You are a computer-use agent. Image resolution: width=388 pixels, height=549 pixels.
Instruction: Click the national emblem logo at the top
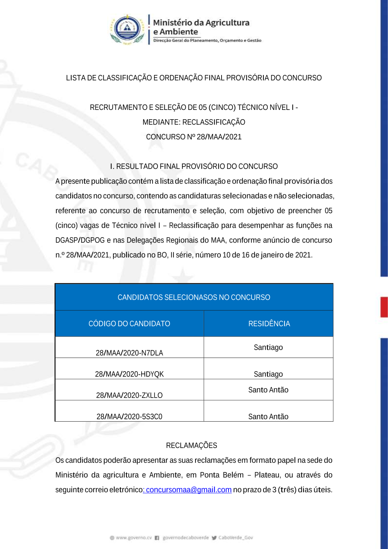coord(127,30)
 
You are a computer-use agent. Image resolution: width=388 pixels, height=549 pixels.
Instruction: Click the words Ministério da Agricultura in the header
coord(201,23)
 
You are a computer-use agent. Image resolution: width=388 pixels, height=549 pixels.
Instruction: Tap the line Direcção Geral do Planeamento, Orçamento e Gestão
coord(207,40)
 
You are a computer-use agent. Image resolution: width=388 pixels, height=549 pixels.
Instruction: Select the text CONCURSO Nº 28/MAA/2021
coord(194,137)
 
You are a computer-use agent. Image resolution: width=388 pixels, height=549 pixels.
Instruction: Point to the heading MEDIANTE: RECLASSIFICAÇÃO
coord(194,122)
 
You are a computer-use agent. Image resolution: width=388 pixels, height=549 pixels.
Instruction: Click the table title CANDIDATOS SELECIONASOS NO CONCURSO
coord(194,297)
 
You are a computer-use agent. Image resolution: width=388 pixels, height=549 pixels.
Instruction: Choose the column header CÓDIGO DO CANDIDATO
coord(129,323)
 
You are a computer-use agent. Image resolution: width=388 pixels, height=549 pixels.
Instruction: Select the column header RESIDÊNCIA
coord(269,323)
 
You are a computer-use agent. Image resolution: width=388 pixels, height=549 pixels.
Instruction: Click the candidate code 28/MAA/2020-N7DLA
coord(129,353)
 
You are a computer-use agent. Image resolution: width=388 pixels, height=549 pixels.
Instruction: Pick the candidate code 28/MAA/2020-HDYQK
coord(129,374)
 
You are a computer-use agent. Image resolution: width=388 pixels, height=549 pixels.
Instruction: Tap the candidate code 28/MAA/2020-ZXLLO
coord(129,395)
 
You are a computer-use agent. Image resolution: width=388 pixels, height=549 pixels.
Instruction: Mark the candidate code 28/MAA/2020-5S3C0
coord(129,417)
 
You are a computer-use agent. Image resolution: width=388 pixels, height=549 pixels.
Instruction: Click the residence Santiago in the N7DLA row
coord(268,347)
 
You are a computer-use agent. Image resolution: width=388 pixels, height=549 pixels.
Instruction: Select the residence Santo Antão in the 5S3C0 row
coord(268,417)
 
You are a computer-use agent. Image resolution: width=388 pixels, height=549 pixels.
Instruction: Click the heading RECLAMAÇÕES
coord(191,445)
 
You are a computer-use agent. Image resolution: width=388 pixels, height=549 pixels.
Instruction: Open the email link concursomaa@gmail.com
coord(189,490)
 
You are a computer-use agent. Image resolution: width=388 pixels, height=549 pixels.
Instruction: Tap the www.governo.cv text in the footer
coord(133,538)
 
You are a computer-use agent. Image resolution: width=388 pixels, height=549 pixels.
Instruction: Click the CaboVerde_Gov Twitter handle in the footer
coord(236,538)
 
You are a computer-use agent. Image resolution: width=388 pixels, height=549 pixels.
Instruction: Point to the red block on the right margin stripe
coord(384,307)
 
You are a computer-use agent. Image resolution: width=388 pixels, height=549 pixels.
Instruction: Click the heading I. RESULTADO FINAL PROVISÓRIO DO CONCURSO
coord(194,166)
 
